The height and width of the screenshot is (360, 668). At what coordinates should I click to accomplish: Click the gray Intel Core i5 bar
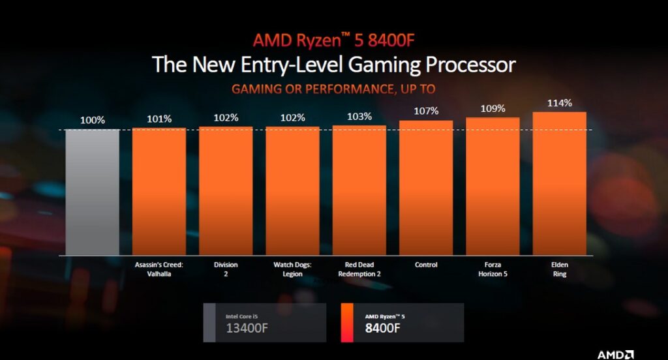(92, 192)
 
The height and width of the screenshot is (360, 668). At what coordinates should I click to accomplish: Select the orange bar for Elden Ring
(559, 183)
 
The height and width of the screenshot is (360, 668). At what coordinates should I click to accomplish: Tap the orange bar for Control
(426, 187)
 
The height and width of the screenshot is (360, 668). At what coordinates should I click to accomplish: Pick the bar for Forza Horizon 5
(493, 186)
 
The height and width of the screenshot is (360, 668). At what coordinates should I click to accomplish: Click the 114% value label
(560, 103)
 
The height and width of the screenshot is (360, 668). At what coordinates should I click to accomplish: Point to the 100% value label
(92, 121)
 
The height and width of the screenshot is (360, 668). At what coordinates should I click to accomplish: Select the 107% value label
(426, 112)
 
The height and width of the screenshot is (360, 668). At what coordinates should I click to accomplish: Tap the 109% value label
(493, 108)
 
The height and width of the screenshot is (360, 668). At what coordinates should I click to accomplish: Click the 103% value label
(359, 117)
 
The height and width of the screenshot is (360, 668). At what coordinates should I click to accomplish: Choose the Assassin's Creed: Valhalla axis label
(159, 269)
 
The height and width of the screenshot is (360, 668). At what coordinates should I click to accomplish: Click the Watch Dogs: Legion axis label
(292, 269)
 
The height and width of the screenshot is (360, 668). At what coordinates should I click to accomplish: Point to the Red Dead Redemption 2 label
(359, 269)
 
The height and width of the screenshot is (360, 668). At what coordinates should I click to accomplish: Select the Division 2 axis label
(226, 269)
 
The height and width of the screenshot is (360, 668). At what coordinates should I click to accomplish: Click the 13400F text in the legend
(246, 329)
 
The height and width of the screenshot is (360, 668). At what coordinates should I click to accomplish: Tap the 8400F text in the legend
(382, 329)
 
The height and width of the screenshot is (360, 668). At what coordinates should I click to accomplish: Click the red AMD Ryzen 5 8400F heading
(333, 40)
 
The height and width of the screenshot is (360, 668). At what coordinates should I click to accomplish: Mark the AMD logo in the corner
(615, 354)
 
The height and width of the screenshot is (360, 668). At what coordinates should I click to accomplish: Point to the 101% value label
(159, 119)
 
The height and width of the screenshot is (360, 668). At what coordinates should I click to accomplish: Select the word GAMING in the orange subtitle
(256, 89)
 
